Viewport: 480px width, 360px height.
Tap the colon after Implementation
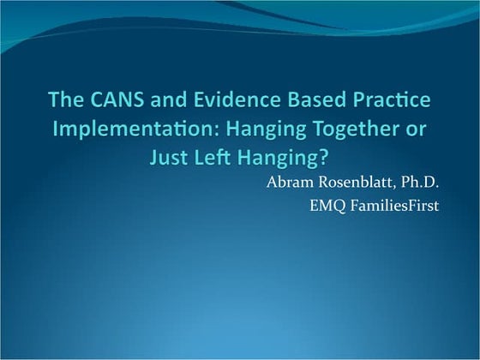pyautogui.click(x=196, y=131)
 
